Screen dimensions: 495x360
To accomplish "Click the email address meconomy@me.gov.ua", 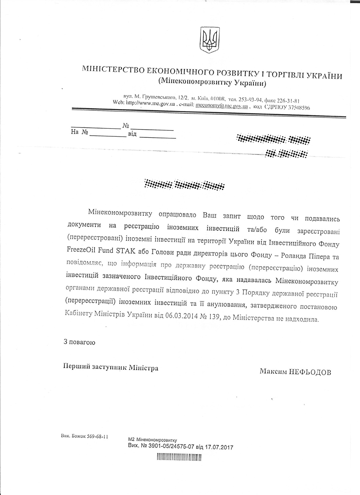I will pyautogui.click(x=221, y=106).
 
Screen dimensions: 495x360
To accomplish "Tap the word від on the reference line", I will pyautogui.click(x=132, y=134).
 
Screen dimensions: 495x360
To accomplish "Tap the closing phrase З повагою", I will pyautogui.click(x=80, y=342).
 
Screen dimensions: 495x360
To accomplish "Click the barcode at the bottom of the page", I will pyautogui.click(x=179, y=458).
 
